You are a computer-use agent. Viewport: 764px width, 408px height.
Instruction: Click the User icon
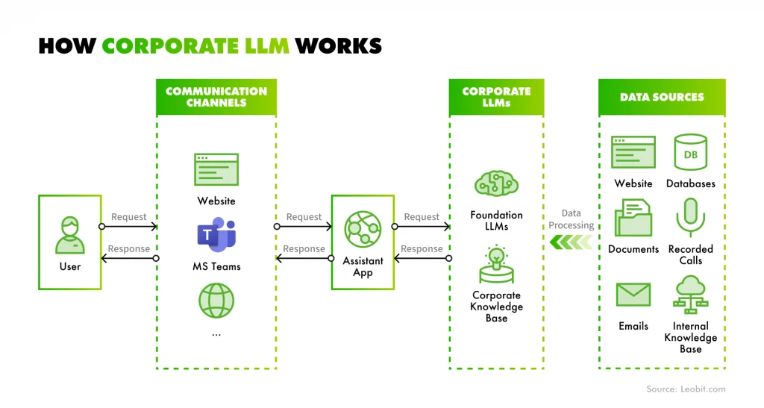click(x=69, y=236)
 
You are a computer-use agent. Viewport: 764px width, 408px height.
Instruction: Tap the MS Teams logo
click(x=216, y=235)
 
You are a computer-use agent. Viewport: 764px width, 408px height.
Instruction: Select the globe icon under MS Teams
click(x=216, y=301)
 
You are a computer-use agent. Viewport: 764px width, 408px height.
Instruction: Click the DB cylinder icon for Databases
click(x=690, y=153)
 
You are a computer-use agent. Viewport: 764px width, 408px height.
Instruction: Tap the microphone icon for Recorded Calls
click(x=690, y=217)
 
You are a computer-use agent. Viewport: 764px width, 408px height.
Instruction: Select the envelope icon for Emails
click(x=633, y=294)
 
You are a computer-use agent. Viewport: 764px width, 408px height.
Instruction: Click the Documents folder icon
click(x=633, y=217)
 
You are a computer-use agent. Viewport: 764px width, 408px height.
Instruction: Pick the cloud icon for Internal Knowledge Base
click(x=690, y=294)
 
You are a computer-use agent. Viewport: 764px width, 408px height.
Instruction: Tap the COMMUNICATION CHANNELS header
click(x=216, y=97)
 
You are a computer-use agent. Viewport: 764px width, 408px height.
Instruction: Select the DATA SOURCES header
click(x=662, y=97)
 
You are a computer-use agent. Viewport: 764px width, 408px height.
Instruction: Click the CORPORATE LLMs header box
click(x=496, y=97)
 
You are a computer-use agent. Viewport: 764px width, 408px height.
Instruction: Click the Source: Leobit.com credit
click(x=685, y=389)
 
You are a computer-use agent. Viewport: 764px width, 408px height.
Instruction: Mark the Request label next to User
click(x=129, y=217)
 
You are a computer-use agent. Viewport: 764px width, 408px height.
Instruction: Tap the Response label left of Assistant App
click(x=304, y=248)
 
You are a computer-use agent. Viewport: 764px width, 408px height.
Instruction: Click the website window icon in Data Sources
click(x=633, y=153)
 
